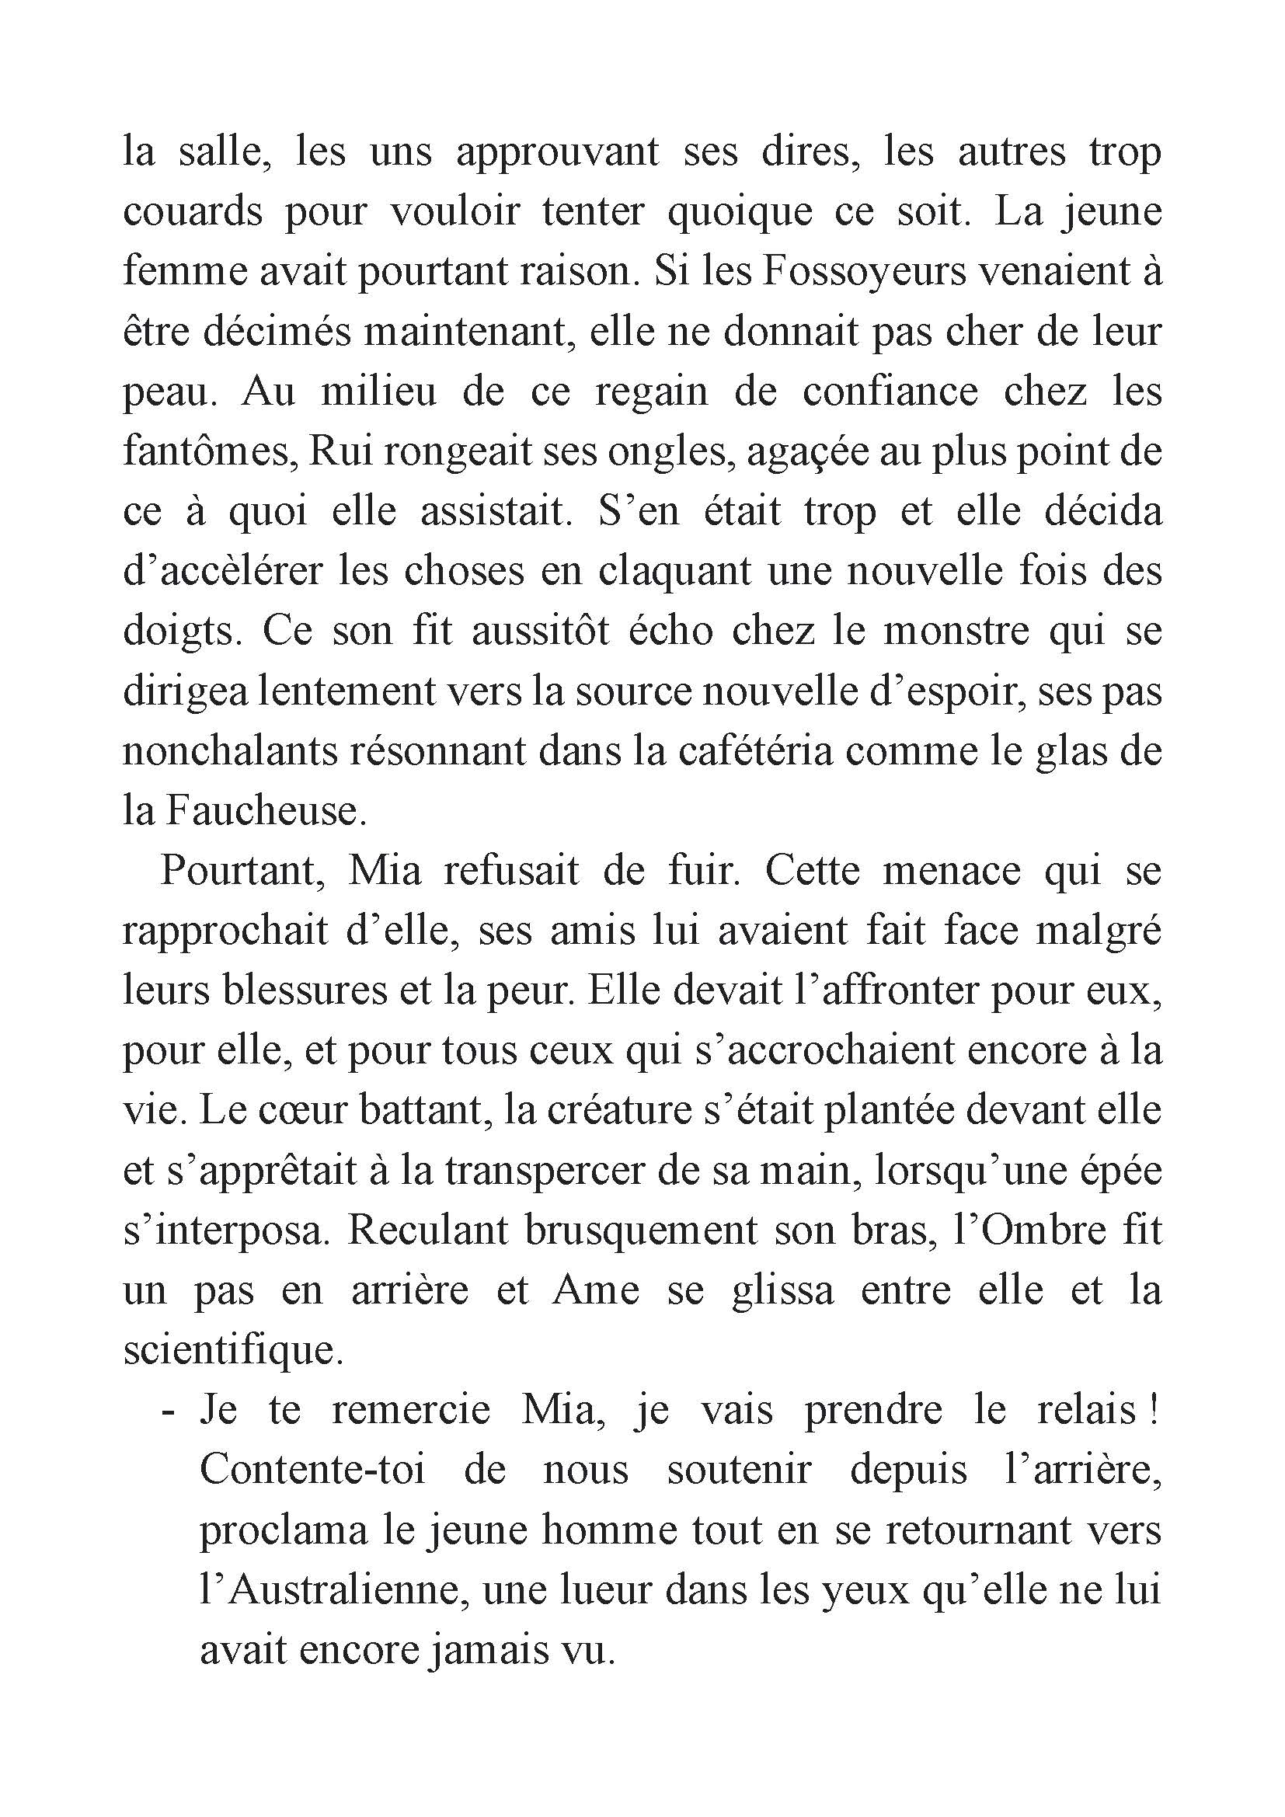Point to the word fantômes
[x=207, y=452]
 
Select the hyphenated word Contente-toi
[x=312, y=1471]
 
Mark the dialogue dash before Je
[x=167, y=1411]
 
